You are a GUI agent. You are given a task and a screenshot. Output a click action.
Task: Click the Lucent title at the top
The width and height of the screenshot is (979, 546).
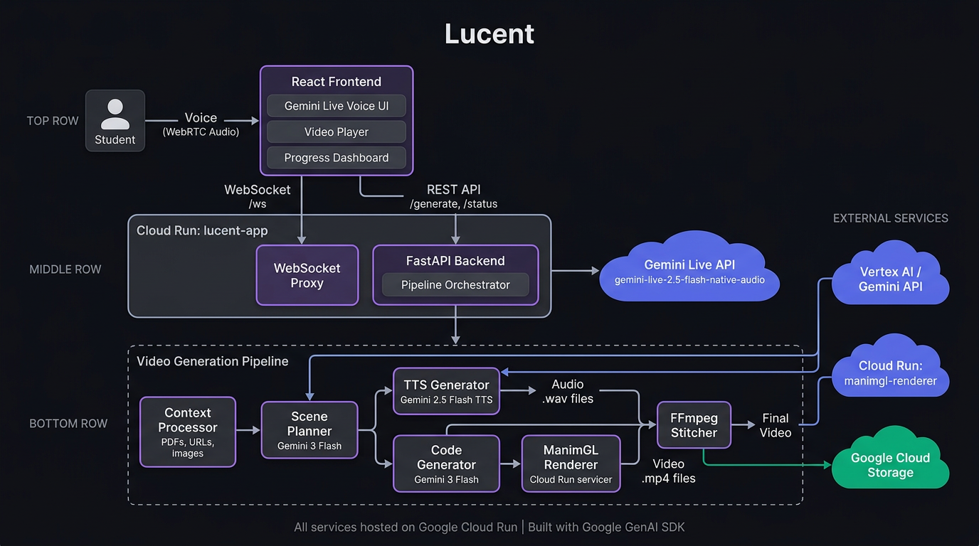point(489,34)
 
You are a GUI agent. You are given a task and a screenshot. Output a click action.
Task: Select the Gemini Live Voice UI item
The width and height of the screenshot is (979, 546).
point(337,106)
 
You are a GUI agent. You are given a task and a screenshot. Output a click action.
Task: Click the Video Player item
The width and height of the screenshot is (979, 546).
point(337,132)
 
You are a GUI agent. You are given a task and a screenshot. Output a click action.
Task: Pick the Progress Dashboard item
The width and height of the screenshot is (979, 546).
point(337,158)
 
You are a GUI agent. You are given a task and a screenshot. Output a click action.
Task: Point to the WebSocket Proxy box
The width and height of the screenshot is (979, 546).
point(307,275)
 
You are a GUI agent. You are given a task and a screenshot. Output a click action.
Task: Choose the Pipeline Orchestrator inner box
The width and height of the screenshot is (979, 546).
point(455,285)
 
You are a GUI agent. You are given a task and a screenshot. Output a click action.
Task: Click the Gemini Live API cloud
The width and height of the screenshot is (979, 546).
point(689,271)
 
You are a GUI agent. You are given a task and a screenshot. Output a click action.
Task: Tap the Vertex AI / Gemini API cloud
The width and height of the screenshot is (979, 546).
point(890,279)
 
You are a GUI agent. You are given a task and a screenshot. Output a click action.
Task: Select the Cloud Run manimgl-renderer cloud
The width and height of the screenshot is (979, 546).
point(890,373)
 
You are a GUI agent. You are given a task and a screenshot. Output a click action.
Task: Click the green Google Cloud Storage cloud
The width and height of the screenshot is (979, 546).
point(890,465)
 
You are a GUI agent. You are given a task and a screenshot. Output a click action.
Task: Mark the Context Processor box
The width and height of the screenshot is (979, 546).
point(188,432)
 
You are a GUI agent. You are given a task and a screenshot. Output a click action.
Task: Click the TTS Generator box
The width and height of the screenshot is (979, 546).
point(447,391)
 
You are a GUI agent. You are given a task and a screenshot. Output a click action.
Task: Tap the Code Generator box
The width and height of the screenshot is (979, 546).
point(447,464)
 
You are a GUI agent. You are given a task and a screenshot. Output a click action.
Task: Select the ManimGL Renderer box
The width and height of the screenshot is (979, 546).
point(571,464)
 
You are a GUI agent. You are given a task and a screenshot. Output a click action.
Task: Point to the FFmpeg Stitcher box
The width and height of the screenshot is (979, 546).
point(694,425)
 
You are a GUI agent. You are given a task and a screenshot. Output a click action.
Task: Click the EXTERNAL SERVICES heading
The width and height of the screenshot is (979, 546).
point(890,218)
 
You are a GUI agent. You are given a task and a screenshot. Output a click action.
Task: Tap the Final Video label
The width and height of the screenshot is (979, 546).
point(776,425)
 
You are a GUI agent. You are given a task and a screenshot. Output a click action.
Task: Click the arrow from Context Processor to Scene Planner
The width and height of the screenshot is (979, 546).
point(248,430)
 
